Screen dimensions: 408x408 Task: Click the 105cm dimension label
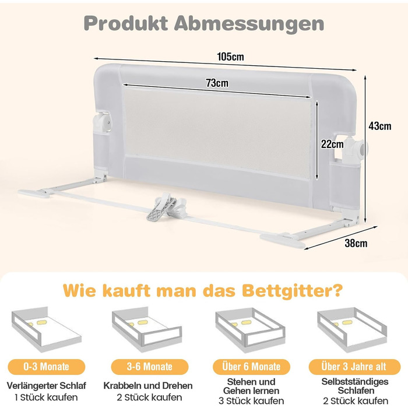231,57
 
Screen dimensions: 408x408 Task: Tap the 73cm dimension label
217,83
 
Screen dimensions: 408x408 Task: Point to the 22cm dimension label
332,144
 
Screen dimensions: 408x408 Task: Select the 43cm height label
380,126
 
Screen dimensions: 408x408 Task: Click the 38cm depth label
356,243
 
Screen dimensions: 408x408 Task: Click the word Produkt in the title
126,23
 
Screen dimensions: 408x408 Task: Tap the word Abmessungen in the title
249,24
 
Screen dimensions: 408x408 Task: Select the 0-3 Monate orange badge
46,367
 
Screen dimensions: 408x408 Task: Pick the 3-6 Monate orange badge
150,367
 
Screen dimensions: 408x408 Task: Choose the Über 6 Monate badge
251,367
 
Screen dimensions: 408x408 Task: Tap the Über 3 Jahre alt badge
354,367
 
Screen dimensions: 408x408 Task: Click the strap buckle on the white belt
167,207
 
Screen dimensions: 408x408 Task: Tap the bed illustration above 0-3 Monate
46,329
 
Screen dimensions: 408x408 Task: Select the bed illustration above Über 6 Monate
250,330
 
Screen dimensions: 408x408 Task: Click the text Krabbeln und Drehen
148,385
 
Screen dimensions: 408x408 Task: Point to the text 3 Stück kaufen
251,401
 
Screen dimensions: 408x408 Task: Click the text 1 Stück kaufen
46,398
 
